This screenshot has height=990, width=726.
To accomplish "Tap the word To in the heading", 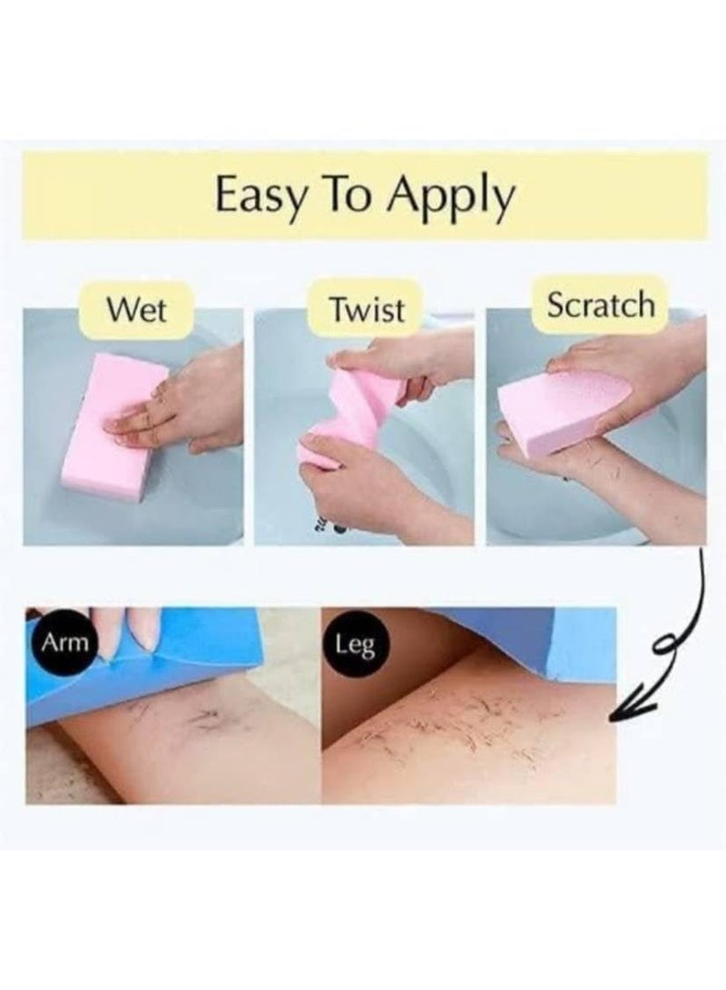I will click(x=356, y=195).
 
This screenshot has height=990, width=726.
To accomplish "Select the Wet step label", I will click(x=136, y=310).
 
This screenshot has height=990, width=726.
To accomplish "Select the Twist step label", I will click(x=367, y=310).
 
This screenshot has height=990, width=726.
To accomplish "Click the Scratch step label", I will click(x=599, y=306).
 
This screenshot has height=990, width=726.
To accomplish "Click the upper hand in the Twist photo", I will click(x=417, y=358).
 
